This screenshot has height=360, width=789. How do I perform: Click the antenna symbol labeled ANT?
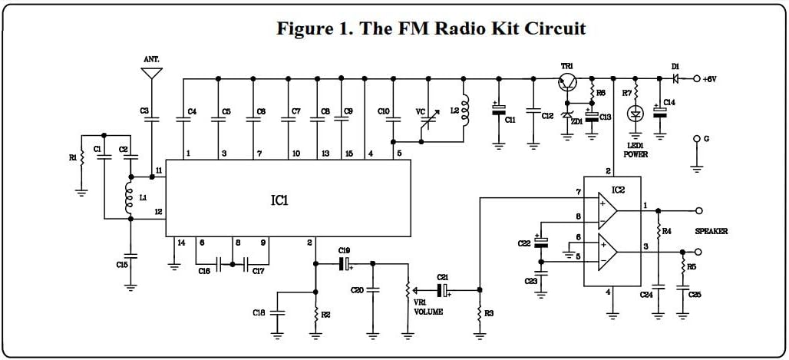click(x=152, y=74)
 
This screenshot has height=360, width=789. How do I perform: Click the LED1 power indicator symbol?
click(x=635, y=114)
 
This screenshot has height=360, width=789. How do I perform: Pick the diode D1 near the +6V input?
click(x=675, y=78)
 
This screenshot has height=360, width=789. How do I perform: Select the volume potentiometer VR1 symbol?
click(x=408, y=291)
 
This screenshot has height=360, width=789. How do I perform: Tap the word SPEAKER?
click(x=711, y=231)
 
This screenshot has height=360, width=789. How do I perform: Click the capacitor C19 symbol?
click(x=346, y=263)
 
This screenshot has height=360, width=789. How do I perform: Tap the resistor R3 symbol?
click(x=480, y=315)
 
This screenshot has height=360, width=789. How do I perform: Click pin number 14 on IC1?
click(x=181, y=243)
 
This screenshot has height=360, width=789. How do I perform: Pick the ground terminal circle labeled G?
click(x=697, y=139)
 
